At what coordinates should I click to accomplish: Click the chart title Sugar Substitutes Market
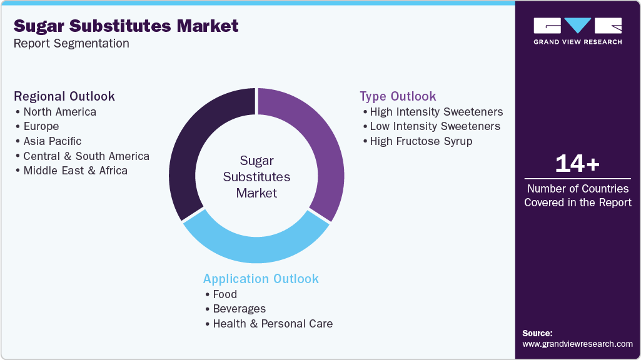point(126,26)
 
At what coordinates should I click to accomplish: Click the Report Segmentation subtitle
point(71,44)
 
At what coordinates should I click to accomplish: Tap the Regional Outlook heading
point(64,96)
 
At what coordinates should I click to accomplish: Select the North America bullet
point(59,112)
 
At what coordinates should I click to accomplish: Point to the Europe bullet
point(41,126)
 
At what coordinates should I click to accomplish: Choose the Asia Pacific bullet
point(52,141)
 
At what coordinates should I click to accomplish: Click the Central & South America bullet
point(86,156)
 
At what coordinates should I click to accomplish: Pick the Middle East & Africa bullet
point(75,171)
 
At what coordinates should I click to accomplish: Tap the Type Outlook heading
point(398,96)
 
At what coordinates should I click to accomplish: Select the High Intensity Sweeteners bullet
point(436,112)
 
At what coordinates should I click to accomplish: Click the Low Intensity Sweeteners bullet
point(435,126)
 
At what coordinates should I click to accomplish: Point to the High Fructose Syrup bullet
point(421,141)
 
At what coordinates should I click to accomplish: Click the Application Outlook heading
point(261,279)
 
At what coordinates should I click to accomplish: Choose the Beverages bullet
point(239,309)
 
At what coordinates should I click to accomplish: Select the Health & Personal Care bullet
point(273,324)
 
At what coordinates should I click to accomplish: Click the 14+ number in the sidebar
point(577,164)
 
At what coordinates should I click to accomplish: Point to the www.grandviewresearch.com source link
point(577,344)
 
